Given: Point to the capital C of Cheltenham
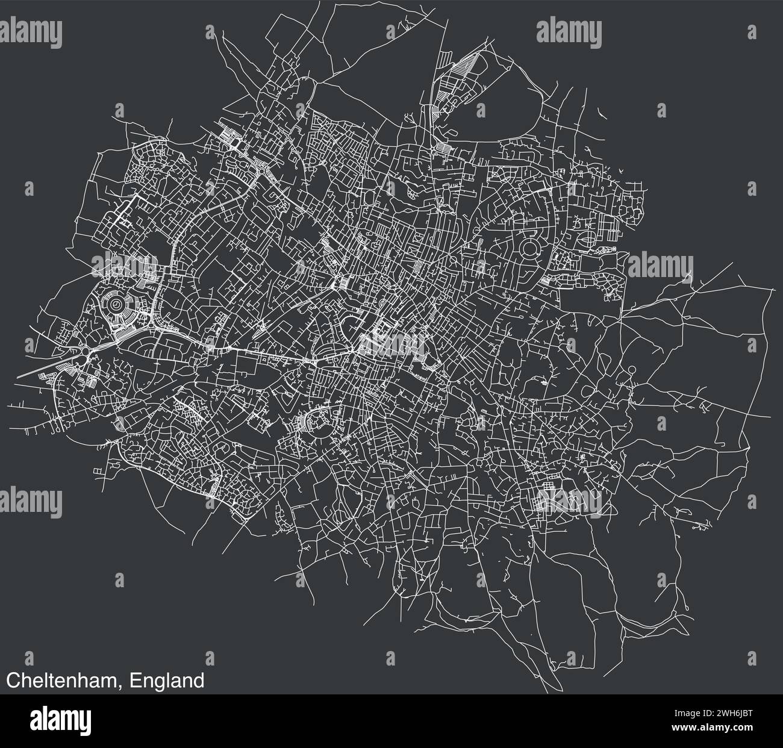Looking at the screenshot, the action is click(12, 681).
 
